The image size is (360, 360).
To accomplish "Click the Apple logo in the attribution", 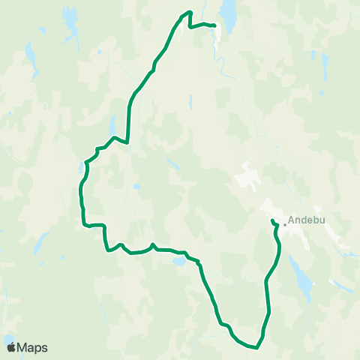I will [11, 347].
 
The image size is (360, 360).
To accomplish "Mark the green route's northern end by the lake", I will [214, 26].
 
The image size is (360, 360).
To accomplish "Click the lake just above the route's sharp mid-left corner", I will [112, 124].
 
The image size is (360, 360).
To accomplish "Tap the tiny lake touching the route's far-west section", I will [82, 166].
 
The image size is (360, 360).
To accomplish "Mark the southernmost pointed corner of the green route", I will [256, 347].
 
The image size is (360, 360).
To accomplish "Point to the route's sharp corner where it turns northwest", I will [129, 142].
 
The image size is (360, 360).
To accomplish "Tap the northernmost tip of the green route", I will [190, 11].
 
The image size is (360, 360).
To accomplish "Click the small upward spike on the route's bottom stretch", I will [152, 244].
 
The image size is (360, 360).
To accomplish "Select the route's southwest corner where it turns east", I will [82, 223].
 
